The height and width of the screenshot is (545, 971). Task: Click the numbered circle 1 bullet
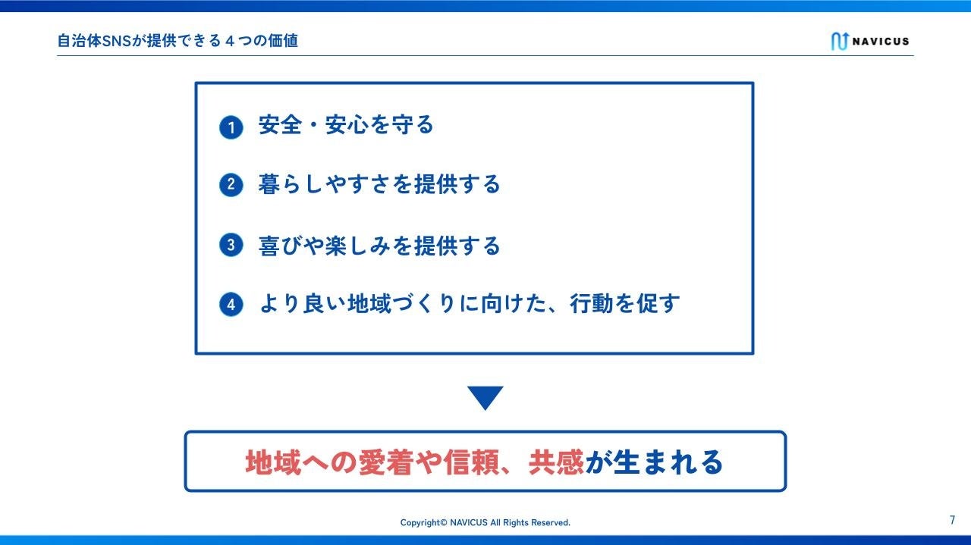click(231, 127)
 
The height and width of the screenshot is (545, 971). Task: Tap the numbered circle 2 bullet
click(231, 185)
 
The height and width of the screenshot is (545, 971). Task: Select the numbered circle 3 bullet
click(231, 245)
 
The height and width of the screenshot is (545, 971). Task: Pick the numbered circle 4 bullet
click(231, 304)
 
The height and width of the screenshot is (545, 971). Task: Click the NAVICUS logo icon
click(839, 41)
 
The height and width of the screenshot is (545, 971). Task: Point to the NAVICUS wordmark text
click(881, 42)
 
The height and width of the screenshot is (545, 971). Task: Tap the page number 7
click(952, 520)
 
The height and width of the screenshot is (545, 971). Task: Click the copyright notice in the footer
click(485, 522)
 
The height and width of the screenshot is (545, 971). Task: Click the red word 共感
click(556, 462)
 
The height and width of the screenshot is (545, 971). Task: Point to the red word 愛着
click(386, 462)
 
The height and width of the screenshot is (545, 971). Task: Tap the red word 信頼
click(471, 462)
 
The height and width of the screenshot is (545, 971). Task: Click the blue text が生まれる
click(654, 462)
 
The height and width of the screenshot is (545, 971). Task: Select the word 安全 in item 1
click(280, 125)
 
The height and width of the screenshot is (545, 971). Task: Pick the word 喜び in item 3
click(281, 246)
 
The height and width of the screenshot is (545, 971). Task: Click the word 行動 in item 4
click(592, 303)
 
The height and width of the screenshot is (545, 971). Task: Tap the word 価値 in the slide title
click(283, 41)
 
